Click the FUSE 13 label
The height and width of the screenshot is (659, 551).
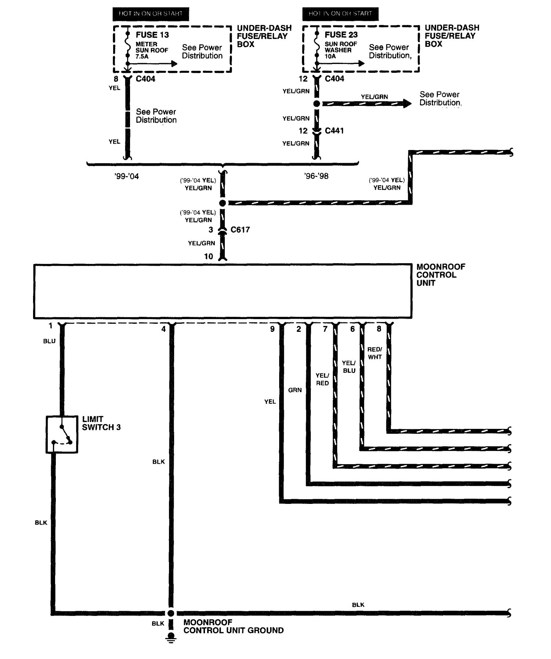pos(152,35)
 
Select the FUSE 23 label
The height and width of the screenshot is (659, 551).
pos(341,35)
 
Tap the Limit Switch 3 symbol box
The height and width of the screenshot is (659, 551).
pos(62,434)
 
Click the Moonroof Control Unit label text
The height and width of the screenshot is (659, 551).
pos(440,275)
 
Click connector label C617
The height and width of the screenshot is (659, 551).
pos(240,230)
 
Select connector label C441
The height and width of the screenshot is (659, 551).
pos(334,131)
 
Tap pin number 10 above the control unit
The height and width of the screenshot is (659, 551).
pos(209,257)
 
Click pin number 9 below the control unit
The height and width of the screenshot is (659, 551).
pos(272,329)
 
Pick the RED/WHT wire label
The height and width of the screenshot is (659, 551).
pos(375,353)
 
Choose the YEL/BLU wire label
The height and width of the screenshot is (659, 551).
pos(349,367)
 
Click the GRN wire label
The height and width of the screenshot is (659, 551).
pos(295,390)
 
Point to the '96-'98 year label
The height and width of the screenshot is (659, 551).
pos(316,176)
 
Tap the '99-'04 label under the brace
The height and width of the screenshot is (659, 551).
pos(126,176)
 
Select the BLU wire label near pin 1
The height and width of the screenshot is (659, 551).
pos(49,341)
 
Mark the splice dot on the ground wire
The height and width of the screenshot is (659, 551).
pos(171,613)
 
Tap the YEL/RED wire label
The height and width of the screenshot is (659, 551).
pos(322,379)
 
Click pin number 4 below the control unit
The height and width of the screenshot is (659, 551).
pos(163,329)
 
